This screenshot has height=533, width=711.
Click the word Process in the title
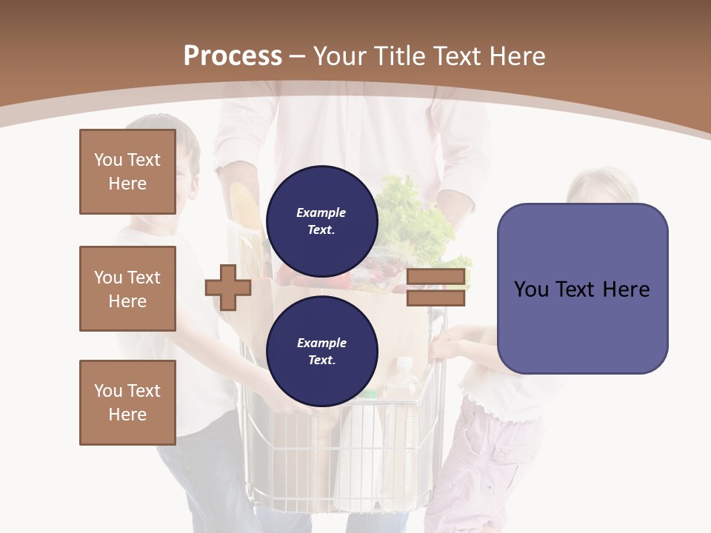[233, 56]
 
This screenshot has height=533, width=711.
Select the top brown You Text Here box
[127, 172]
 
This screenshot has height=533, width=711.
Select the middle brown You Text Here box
[127, 289]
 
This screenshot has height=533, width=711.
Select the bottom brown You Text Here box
[127, 403]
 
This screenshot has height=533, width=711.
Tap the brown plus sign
[228, 287]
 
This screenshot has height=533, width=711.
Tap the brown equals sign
[435, 287]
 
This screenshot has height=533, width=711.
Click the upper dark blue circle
[321, 221]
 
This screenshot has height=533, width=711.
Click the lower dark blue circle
[321, 351]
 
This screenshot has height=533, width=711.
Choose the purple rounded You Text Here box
[582, 289]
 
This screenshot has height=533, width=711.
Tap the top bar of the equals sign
[435, 277]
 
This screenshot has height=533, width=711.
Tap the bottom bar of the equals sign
[435, 298]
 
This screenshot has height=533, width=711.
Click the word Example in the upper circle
[321, 212]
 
